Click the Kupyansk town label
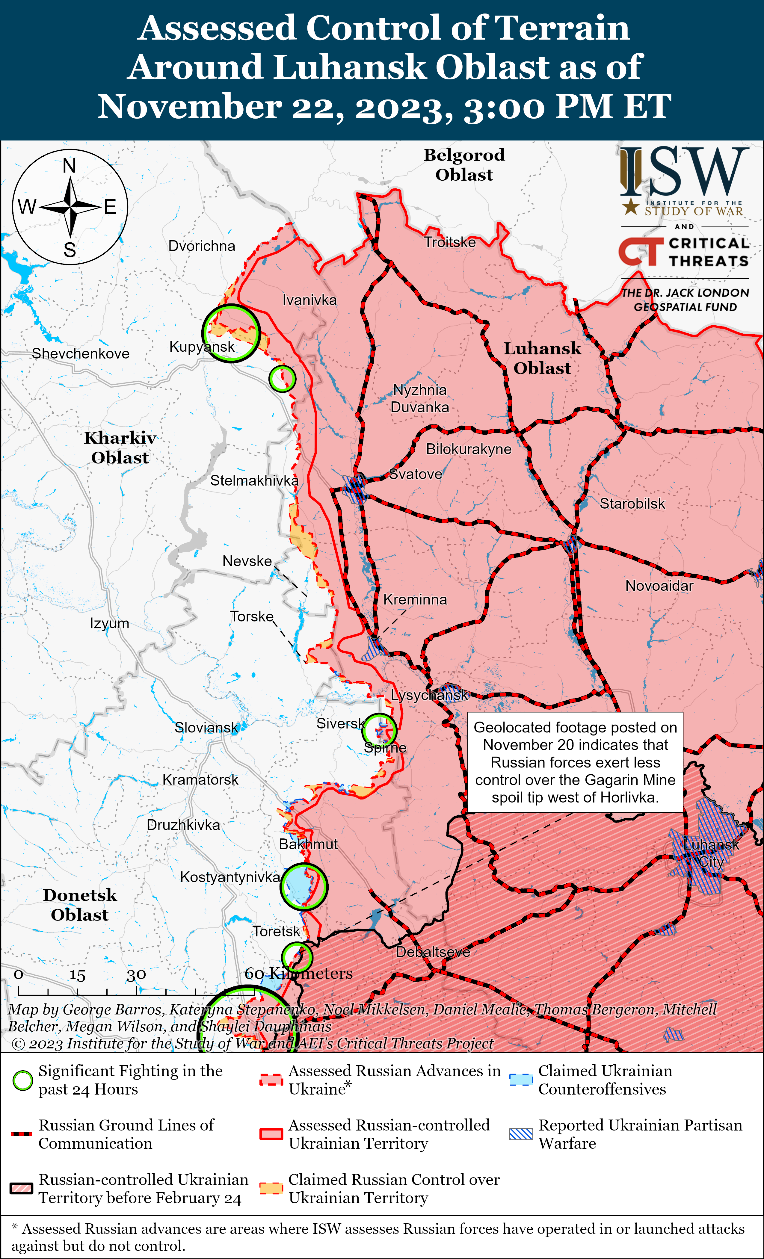coord(202,347)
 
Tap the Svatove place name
coord(416,474)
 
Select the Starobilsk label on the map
coord(632,504)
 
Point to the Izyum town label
coord(109,623)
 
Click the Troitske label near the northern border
coord(450,242)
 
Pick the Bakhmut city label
coord(308,844)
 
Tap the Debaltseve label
coord(433,952)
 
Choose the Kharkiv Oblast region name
coord(120,448)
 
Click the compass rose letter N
coord(70,166)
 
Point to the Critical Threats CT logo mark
coord(640,251)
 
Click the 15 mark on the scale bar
coord(77,975)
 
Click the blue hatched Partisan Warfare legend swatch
coord(521,1134)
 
